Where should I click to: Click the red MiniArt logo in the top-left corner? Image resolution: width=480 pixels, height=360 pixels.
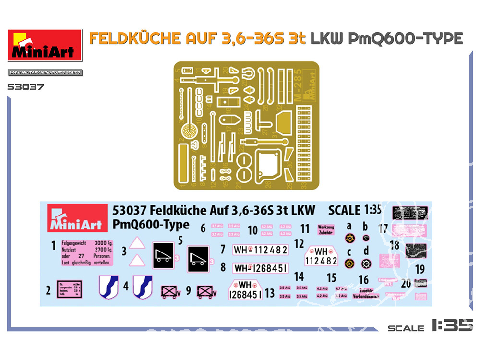click(x=45, y=46)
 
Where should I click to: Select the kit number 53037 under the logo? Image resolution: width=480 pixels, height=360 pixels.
click(x=26, y=87)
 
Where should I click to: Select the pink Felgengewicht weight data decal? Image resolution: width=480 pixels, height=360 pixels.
click(x=87, y=252)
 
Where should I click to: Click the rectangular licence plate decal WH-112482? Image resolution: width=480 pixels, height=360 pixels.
click(x=260, y=250)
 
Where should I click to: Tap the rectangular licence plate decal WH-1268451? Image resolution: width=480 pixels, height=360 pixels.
click(x=260, y=267)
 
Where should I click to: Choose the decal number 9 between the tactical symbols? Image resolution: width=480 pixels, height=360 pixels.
click(x=189, y=290)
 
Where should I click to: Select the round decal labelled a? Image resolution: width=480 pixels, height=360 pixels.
click(x=349, y=238)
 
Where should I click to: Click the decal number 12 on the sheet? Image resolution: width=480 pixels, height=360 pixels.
click(x=299, y=243)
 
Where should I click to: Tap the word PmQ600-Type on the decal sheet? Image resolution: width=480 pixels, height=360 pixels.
click(x=151, y=225)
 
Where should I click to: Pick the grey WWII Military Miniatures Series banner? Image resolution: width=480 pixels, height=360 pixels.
click(x=45, y=72)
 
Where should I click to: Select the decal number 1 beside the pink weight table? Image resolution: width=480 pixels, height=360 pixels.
click(x=54, y=246)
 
